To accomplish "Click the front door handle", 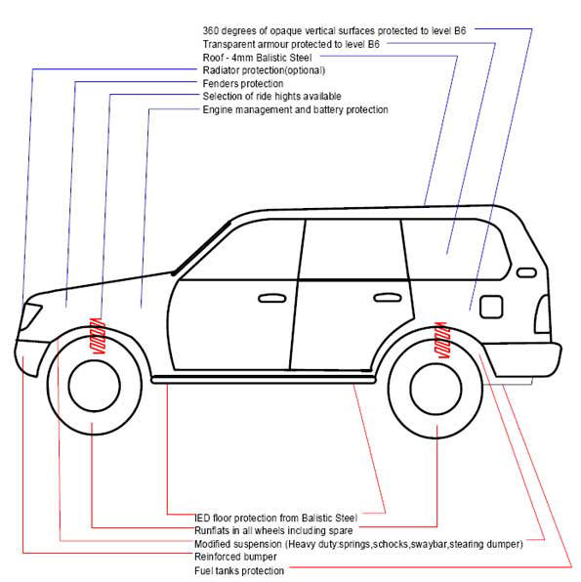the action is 272,298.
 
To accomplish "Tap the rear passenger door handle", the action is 388,297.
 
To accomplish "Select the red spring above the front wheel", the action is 99,336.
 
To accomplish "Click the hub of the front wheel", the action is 95,386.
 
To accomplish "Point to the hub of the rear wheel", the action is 436,389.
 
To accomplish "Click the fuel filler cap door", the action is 491,307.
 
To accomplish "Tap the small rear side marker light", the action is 526,272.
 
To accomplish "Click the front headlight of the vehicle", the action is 29,316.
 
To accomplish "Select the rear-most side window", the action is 455,249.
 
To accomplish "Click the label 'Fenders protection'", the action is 243,84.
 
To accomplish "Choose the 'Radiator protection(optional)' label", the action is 264,70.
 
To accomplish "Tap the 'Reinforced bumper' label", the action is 235,557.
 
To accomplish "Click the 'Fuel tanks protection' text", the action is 239,570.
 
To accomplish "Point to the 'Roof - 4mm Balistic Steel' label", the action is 257,58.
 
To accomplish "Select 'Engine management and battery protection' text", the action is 296,110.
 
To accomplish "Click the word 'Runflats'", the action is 208,530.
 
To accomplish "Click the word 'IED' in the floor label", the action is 202,518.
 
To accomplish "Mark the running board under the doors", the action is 264,379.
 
